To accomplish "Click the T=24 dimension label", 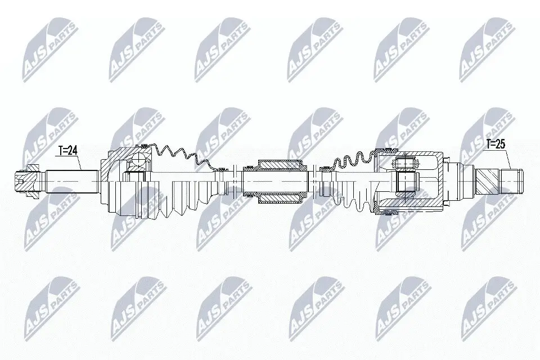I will pyautogui.click(x=68, y=151).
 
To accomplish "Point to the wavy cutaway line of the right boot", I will pyautogui.click(x=349, y=157).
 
